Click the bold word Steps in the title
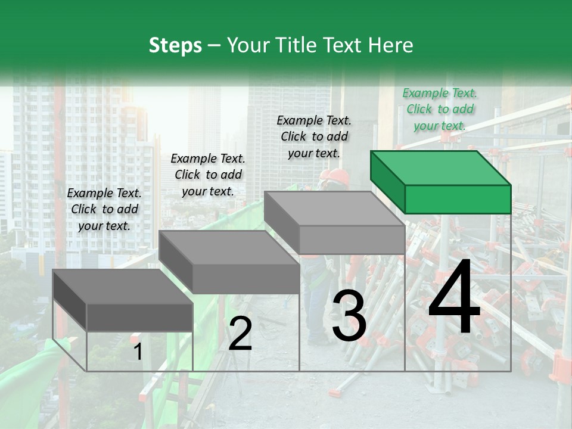coord(175,46)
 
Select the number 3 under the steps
coord(349,316)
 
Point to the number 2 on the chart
coord(240,334)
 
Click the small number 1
coord(138,352)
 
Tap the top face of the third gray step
coord(334,209)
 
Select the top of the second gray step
coord(228,247)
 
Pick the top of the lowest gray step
coord(122,286)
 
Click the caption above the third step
coord(314,136)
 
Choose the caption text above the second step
coord(208,175)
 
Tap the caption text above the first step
coord(104,209)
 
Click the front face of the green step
coord(458,199)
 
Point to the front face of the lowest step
coord(139,317)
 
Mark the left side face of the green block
coord(387,182)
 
